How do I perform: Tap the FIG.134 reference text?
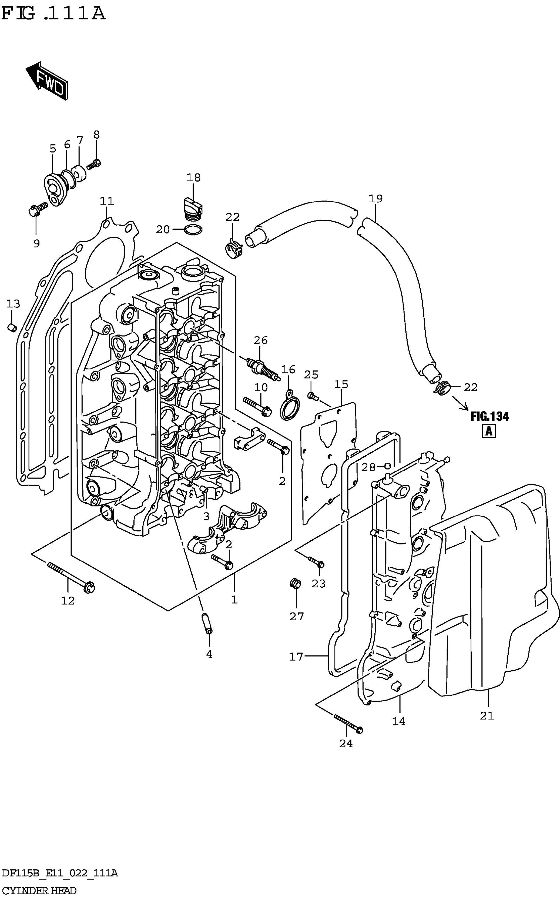tap(490, 417)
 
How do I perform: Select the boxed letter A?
tap(489, 431)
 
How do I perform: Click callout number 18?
tap(193, 178)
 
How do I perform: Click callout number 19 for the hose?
tap(375, 199)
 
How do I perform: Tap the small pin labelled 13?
tap(12, 327)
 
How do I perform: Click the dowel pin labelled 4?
tap(207, 624)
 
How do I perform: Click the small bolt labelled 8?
tap(94, 163)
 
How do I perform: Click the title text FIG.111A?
tap(53, 14)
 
